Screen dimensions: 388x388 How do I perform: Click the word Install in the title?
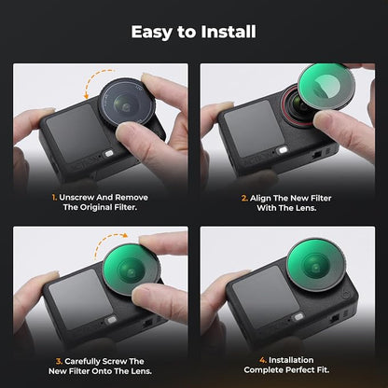(229, 32)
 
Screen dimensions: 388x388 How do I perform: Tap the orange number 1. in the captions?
(54, 198)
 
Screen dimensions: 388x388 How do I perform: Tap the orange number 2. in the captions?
(244, 198)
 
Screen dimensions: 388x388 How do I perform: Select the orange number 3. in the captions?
(59, 361)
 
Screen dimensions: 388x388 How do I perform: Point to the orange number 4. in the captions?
(263, 360)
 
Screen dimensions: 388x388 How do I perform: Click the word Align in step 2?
(260, 199)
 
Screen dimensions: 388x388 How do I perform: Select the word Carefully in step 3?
(82, 362)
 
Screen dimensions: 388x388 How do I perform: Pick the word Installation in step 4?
(291, 360)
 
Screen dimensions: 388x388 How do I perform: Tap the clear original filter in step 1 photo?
(127, 102)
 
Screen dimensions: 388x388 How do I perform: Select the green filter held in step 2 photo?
(326, 86)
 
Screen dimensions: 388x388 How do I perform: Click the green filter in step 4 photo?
(315, 265)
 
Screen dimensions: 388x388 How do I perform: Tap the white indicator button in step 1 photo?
(108, 153)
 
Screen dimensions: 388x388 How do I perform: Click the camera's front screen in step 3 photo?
(81, 298)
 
